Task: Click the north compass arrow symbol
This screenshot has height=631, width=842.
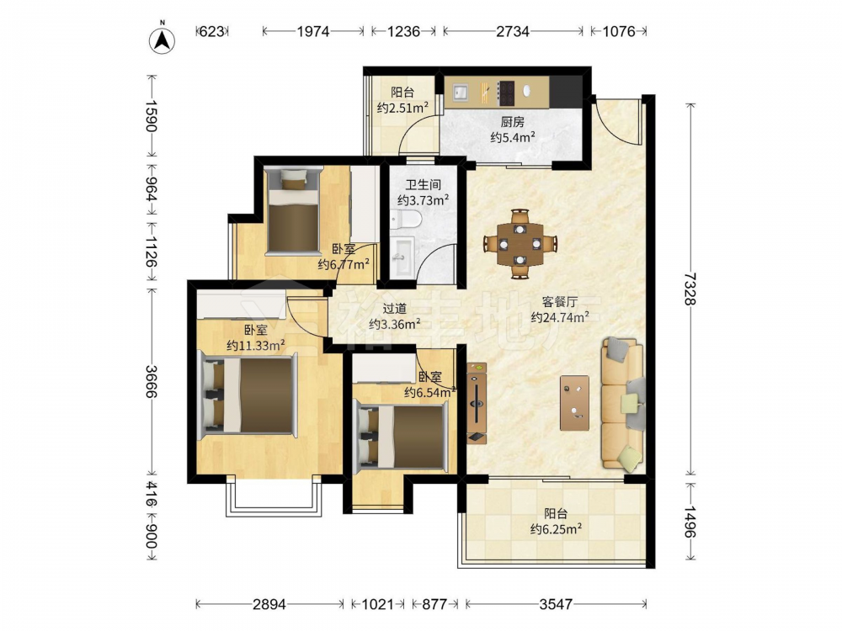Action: (163, 38)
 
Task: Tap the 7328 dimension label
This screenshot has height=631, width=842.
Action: (690, 289)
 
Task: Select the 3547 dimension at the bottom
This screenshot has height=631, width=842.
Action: (556, 605)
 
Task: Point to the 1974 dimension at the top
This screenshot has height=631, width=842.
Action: (313, 32)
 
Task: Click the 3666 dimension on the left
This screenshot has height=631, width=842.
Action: (151, 381)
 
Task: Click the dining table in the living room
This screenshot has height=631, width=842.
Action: (520, 244)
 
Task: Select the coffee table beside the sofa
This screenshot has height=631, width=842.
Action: (574, 403)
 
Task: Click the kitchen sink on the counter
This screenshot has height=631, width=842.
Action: (460, 93)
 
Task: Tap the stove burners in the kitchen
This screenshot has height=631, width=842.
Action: (507, 93)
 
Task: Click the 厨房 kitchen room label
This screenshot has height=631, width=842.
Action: (512, 122)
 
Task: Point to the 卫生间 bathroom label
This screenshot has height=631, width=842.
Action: (423, 185)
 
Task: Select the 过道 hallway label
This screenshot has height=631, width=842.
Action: (394, 309)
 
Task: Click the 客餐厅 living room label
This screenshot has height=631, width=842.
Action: (560, 302)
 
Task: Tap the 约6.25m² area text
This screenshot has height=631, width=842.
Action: (557, 529)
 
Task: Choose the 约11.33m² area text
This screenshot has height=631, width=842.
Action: (256, 346)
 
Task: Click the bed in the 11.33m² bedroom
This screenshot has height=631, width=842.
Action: (248, 396)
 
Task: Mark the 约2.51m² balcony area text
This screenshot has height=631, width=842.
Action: (402, 108)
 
